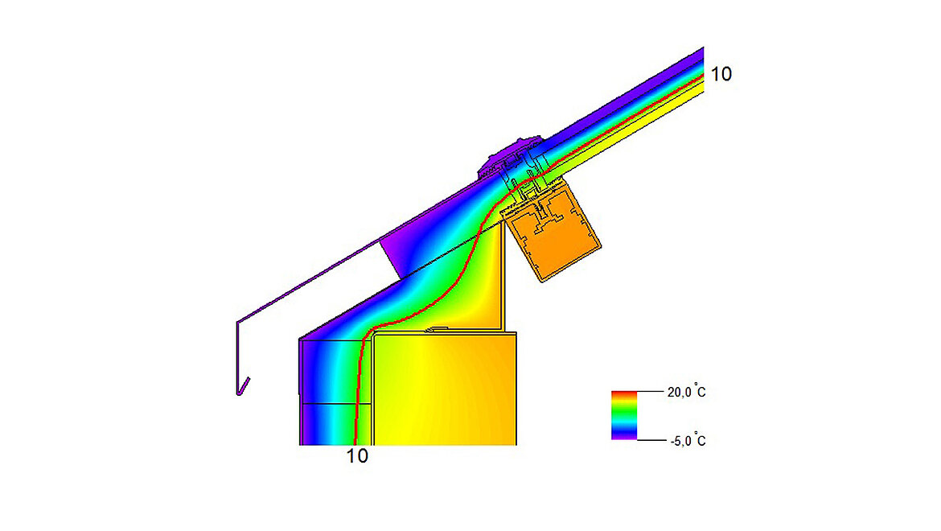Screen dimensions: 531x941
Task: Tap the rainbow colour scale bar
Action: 624,415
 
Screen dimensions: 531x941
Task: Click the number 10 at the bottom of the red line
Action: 358,456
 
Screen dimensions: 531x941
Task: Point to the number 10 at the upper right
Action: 721,74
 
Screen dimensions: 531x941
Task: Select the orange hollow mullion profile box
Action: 555,237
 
